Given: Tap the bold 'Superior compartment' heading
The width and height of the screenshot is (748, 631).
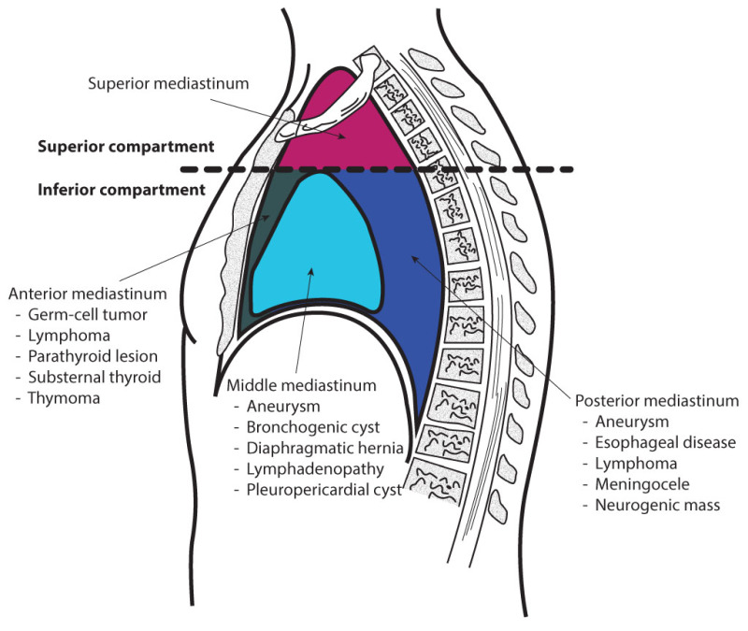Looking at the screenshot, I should click(x=125, y=147).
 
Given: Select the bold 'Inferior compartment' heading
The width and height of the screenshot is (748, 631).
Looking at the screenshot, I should click(x=121, y=190).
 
